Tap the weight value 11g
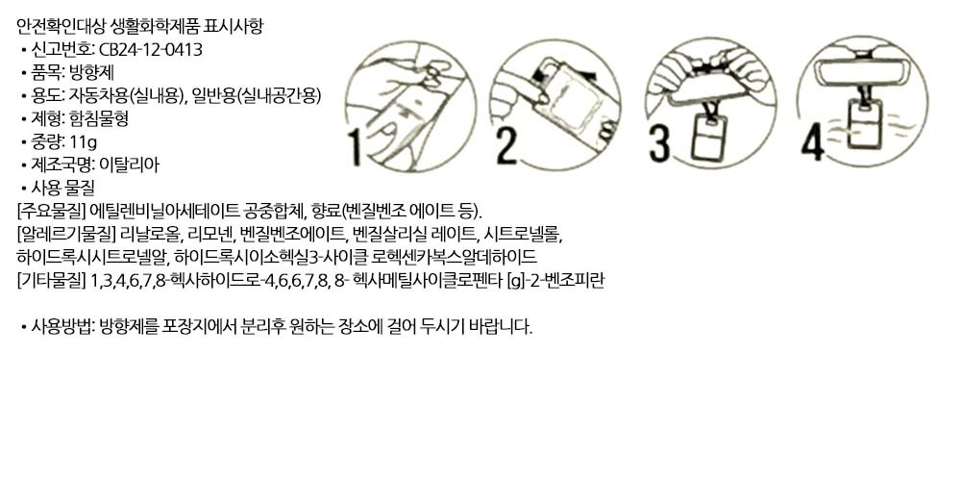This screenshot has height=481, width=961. point(84,142)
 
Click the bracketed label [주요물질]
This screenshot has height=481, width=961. point(51,212)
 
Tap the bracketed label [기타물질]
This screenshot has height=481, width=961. point(51,281)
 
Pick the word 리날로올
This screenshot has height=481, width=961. point(151,235)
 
